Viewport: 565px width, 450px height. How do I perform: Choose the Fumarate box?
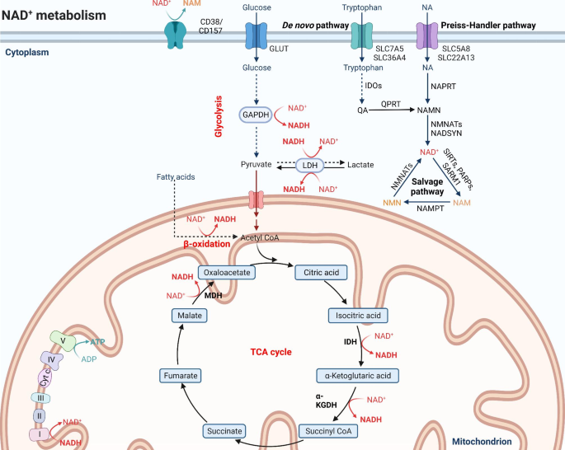pos(181,376)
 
